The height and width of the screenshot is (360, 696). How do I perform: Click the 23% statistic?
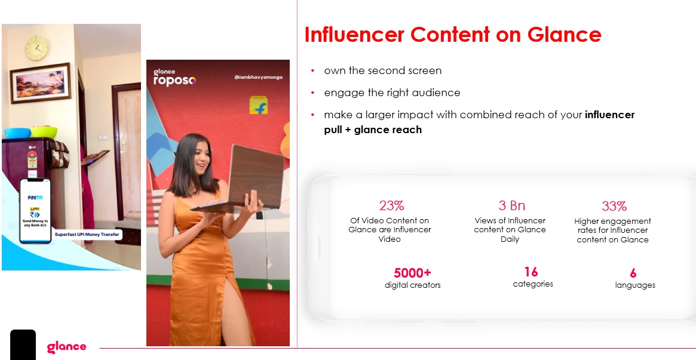[x=391, y=206]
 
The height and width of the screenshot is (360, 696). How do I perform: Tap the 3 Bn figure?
[x=512, y=206]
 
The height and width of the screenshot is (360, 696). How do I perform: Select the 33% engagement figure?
[x=614, y=206]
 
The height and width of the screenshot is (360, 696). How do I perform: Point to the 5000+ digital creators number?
[x=412, y=272]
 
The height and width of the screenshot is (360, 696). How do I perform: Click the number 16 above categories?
[x=531, y=271]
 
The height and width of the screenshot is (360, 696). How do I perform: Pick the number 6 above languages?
[x=633, y=273]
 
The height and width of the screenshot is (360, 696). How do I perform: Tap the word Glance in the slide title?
[x=564, y=34]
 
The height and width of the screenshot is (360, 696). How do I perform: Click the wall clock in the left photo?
[x=36, y=48]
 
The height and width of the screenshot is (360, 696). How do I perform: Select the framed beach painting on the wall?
[x=41, y=83]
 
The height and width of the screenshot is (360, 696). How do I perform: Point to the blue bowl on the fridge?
[x=17, y=133]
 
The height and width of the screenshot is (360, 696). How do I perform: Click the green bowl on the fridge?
[x=44, y=132]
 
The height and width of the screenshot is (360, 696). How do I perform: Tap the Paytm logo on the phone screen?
[x=35, y=197]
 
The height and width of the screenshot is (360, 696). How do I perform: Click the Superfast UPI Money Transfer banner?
[x=87, y=234]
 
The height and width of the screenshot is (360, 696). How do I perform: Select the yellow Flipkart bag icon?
[x=258, y=105]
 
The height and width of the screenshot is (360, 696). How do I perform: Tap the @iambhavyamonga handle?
[x=258, y=77]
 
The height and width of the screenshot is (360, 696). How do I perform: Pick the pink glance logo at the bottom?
[x=66, y=347]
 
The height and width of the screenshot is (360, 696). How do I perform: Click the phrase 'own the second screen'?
[x=382, y=70]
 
